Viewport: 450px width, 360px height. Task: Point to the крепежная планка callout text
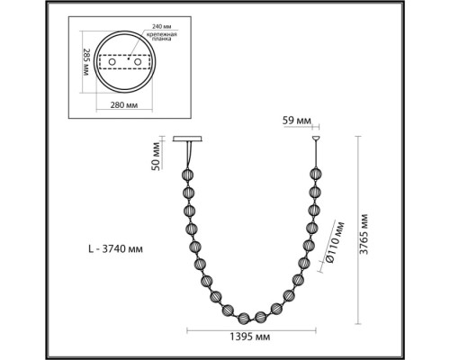click(164, 39)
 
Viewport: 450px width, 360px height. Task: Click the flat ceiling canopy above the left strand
click(192, 139)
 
